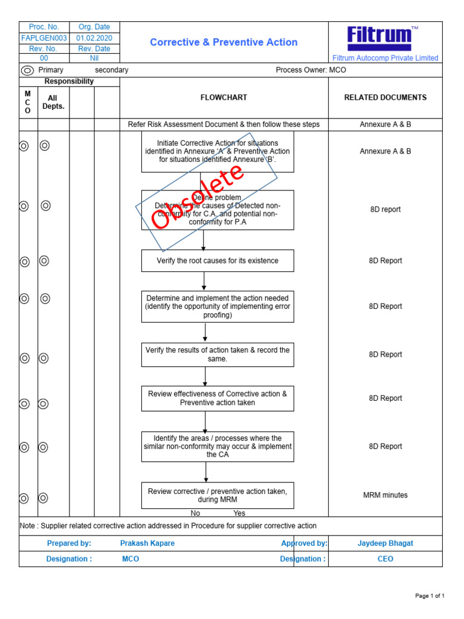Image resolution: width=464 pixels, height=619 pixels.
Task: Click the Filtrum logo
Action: coord(379,38)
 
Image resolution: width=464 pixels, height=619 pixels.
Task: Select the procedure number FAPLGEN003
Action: coord(43,37)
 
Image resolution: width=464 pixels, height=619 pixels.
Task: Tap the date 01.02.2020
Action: coord(94,37)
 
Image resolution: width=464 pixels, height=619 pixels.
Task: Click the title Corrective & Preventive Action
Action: coord(224,42)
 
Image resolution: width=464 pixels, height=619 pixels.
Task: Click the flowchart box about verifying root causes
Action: coord(217,261)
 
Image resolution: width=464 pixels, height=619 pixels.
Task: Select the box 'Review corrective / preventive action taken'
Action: coord(217,495)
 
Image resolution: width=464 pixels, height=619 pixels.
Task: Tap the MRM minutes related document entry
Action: coord(385,495)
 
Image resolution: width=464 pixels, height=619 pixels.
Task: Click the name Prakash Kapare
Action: coord(147,543)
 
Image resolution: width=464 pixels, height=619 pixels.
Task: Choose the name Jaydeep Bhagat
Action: coord(385,543)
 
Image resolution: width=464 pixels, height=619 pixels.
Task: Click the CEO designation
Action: coord(385,559)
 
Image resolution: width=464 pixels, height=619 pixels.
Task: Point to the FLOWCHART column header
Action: coord(224,97)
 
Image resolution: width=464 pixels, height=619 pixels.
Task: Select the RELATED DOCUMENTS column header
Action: coord(385,97)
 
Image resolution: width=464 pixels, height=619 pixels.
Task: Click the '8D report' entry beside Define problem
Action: coord(385,210)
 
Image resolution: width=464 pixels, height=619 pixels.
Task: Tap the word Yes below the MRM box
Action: coord(239,513)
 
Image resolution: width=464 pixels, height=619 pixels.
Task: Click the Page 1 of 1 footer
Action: coord(430,596)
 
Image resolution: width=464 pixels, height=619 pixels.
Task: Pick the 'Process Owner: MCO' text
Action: coord(311,70)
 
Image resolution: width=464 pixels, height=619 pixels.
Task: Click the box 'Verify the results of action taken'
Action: coord(217,354)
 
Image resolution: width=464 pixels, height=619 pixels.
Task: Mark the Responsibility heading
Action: coord(69,81)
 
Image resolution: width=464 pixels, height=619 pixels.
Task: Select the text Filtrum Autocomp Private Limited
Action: coord(385,58)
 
